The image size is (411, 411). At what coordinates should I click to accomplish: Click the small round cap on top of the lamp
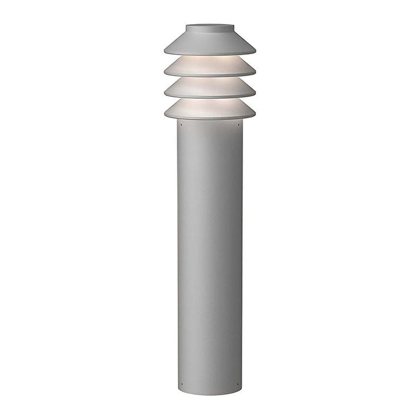pyautogui.click(x=210, y=28)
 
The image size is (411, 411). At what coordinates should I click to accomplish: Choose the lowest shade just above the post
pyautogui.click(x=210, y=111)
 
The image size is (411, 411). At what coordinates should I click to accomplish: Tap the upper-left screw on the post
pyautogui.click(x=182, y=124)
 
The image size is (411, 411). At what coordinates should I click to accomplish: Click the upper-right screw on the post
pyautogui.click(x=238, y=124)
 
